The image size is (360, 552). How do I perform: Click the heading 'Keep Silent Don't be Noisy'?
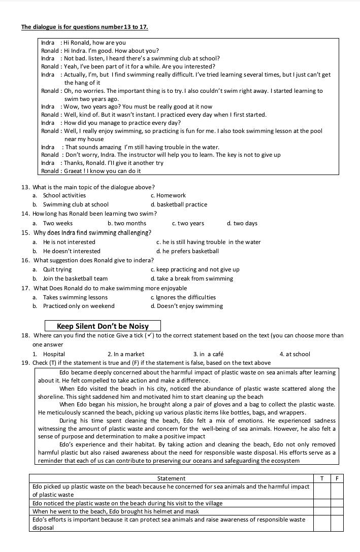(x=103, y=326)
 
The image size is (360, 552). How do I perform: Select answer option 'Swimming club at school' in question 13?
(x=76, y=204)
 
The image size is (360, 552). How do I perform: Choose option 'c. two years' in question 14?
(x=188, y=223)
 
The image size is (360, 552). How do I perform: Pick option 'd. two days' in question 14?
(x=242, y=223)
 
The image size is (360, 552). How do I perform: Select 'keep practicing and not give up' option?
(x=195, y=269)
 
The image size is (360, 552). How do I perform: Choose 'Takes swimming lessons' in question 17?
(x=75, y=297)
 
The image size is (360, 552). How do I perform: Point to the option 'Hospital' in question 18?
(x=54, y=354)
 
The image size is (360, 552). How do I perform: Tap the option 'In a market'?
(x=126, y=354)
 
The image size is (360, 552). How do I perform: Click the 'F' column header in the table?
(x=337, y=478)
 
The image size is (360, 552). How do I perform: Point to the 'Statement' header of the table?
(x=171, y=478)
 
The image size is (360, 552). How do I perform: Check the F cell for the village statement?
(x=337, y=503)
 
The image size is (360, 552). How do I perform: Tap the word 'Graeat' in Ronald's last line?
(x=73, y=171)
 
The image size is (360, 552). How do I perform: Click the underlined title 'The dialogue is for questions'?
(x=84, y=27)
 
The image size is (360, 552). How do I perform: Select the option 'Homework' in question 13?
(x=171, y=195)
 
